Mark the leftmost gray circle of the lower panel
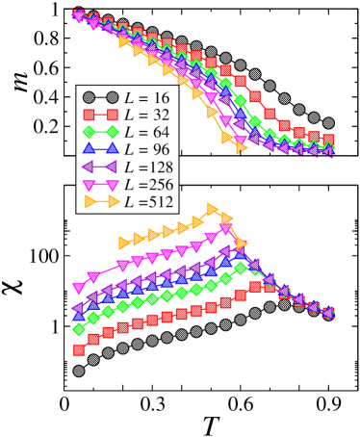79,371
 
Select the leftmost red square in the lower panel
79,350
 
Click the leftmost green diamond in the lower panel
79,329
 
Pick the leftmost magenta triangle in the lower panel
79,289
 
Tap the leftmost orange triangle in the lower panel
123,241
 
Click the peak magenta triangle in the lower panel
227,228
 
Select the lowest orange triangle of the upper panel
241,148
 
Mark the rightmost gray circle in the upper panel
328,123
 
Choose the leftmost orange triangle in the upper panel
123,42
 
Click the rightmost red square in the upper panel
328,141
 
